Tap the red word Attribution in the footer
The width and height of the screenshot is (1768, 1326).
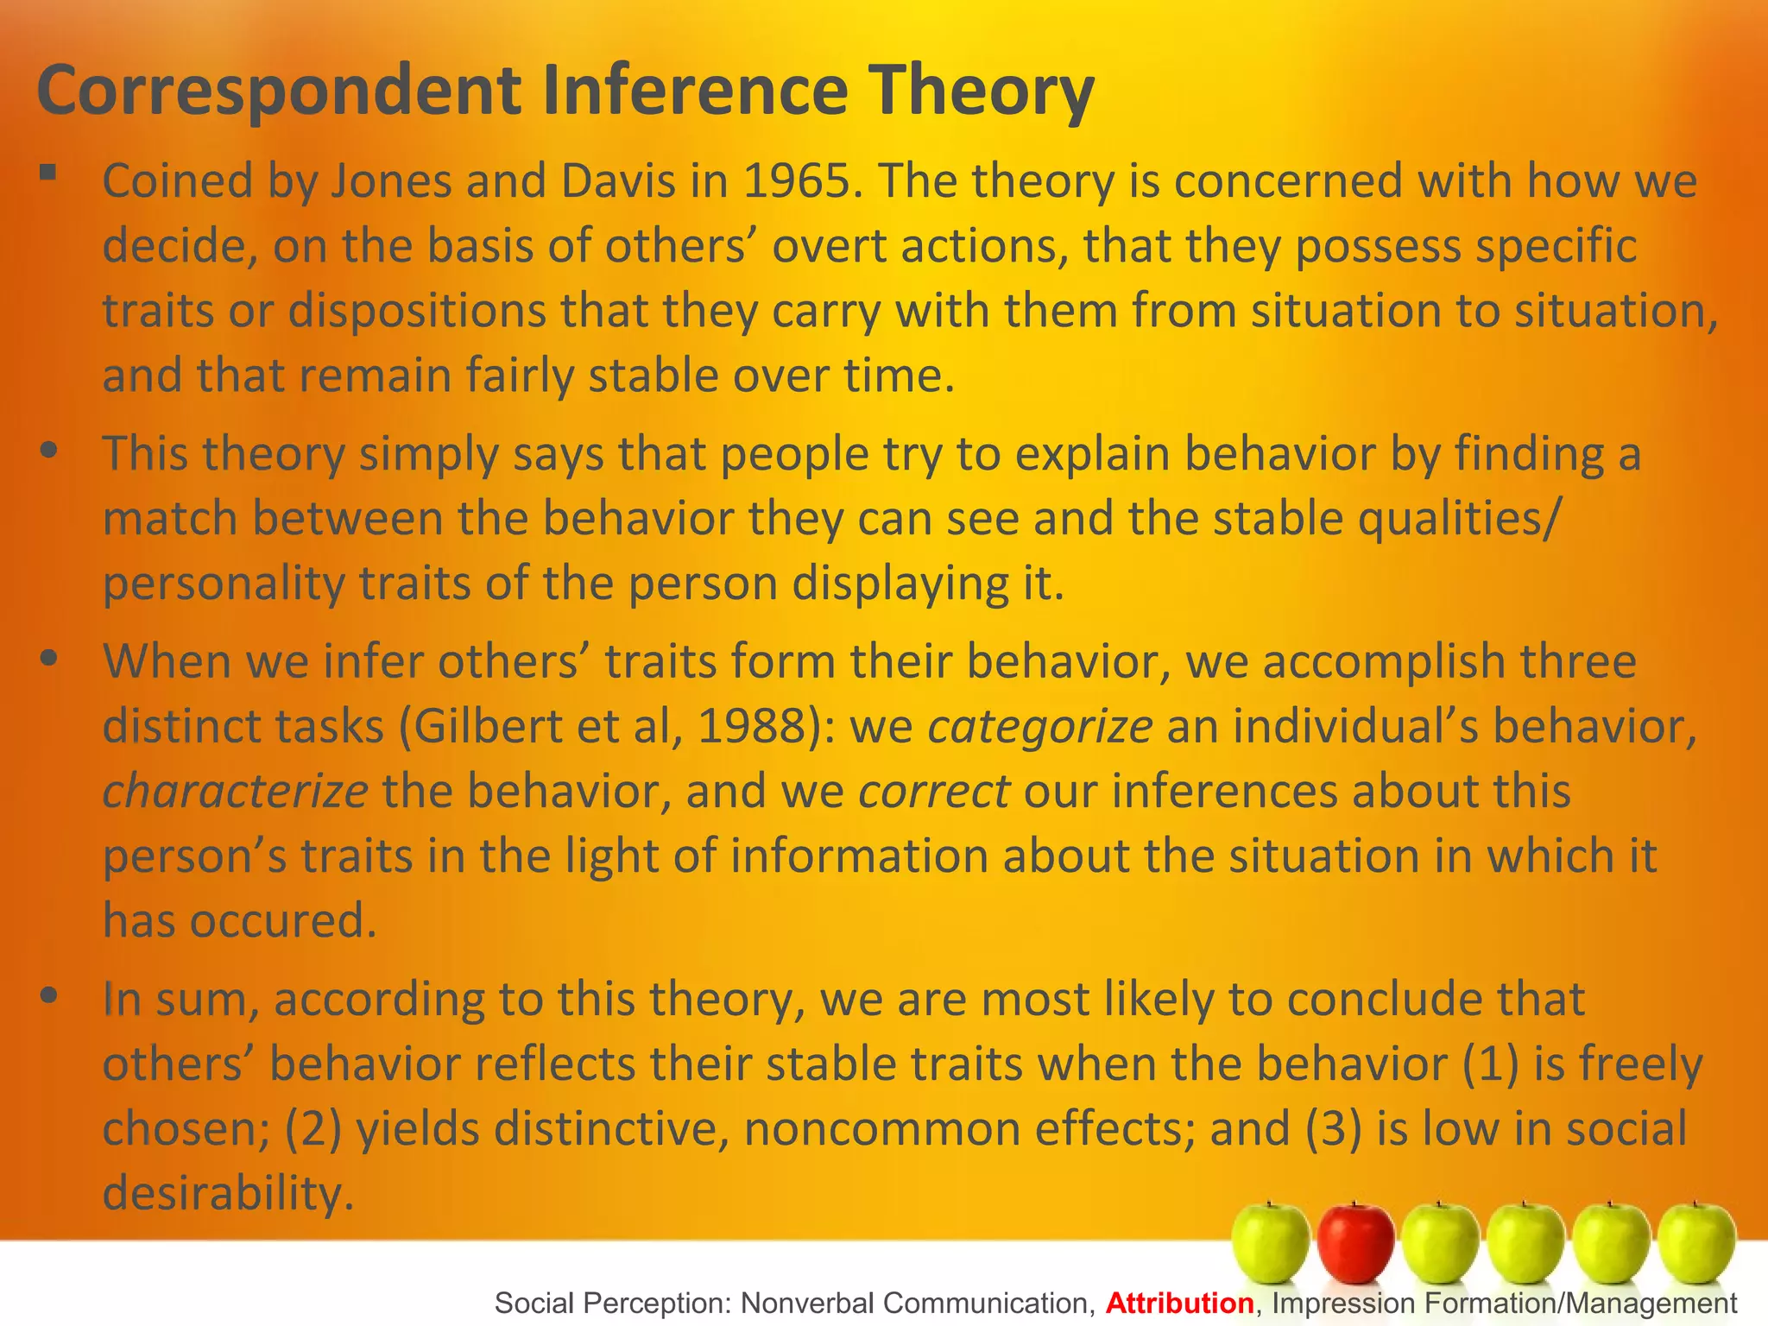click(1179, 1303)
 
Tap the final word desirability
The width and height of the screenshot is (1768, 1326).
click(228, 1194)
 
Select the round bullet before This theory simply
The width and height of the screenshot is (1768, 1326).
click(48, 451)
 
